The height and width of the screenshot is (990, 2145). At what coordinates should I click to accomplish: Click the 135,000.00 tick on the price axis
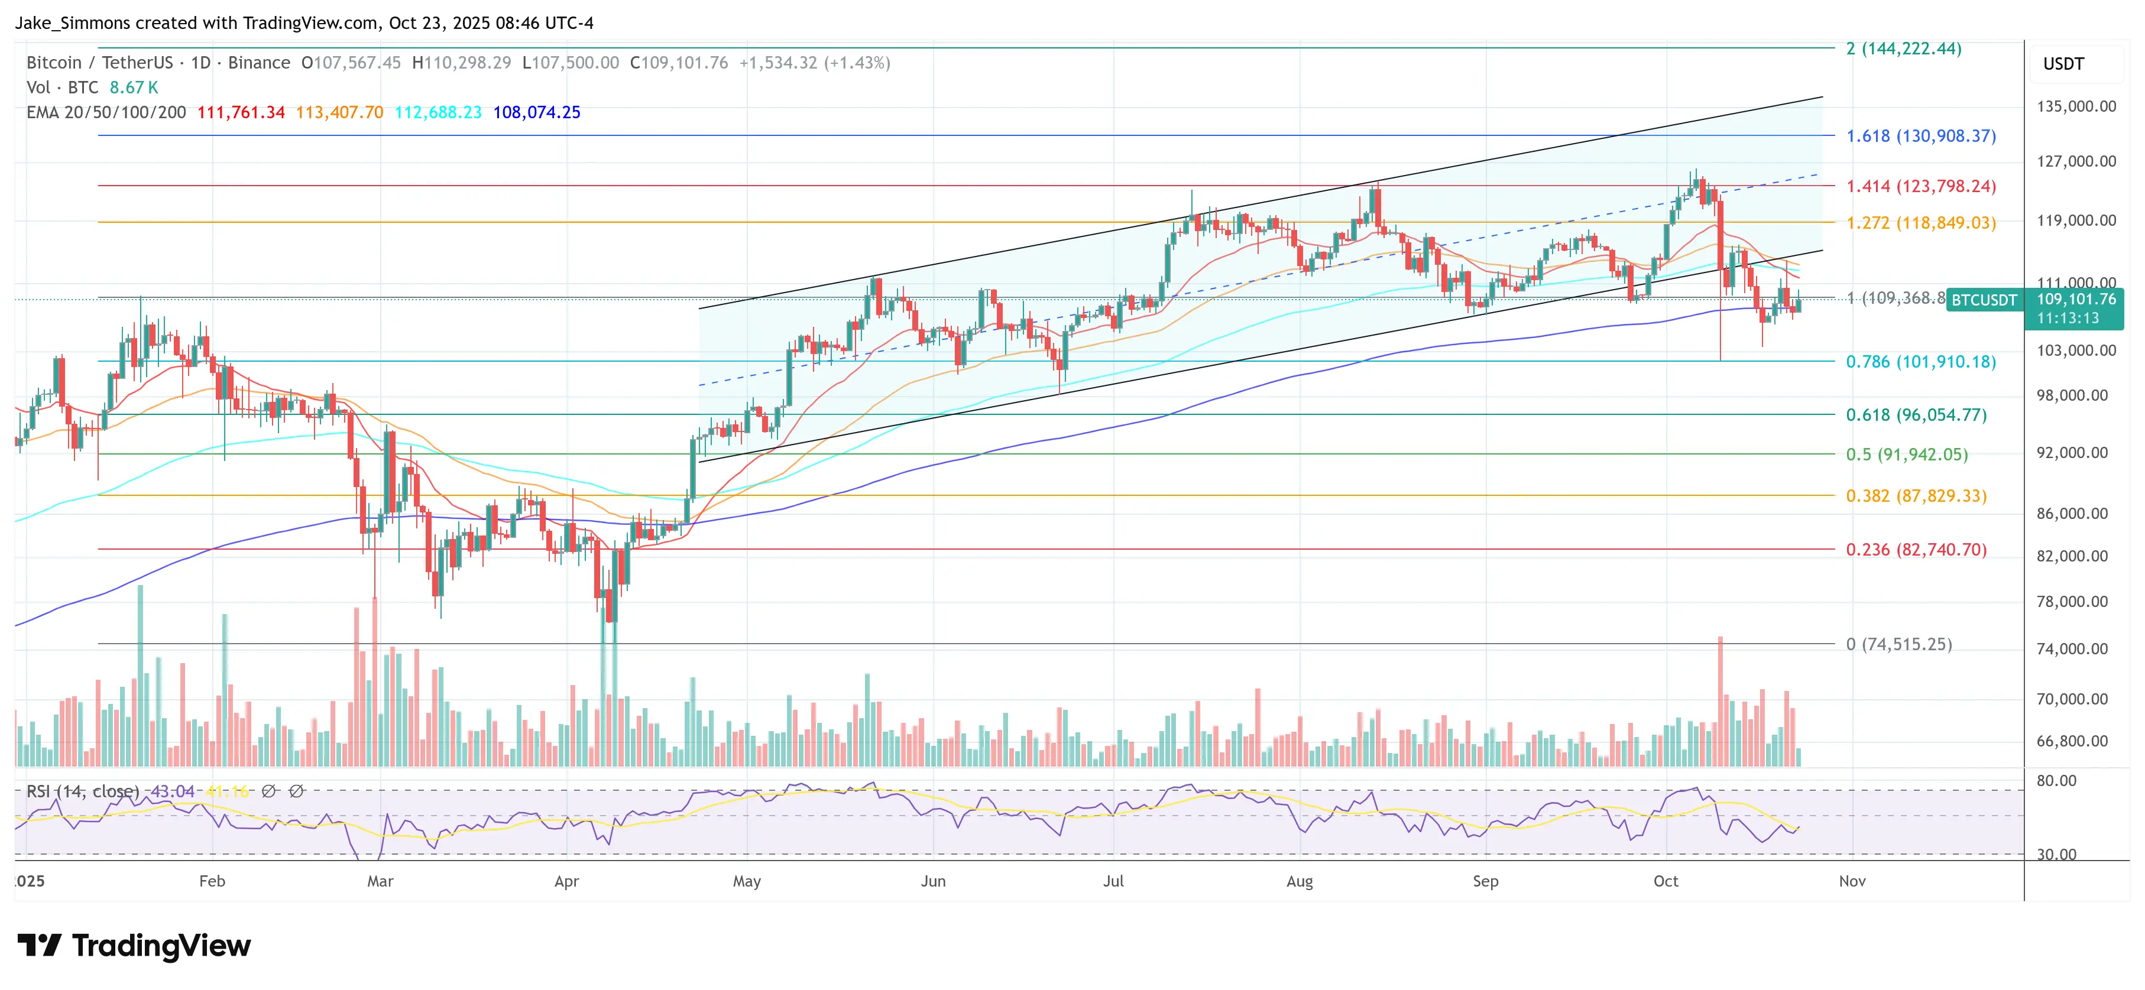tap(2075, 106)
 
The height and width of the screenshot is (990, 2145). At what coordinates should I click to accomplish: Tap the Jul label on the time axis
tap(1113, 881)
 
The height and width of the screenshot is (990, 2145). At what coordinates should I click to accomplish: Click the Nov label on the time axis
tap(1852, 881)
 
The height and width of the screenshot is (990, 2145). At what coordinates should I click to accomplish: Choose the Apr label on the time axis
tap(566, 881)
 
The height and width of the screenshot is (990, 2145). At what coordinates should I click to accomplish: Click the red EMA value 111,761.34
tap(241, 112)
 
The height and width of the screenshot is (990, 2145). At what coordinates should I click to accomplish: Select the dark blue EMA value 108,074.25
tap(536, 112)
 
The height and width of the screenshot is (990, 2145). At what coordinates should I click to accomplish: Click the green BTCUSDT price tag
tap(1984, 300)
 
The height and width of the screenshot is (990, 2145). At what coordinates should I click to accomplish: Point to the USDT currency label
tap(2063, 64)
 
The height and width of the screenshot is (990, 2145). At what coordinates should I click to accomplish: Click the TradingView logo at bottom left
tap(133, 946)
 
